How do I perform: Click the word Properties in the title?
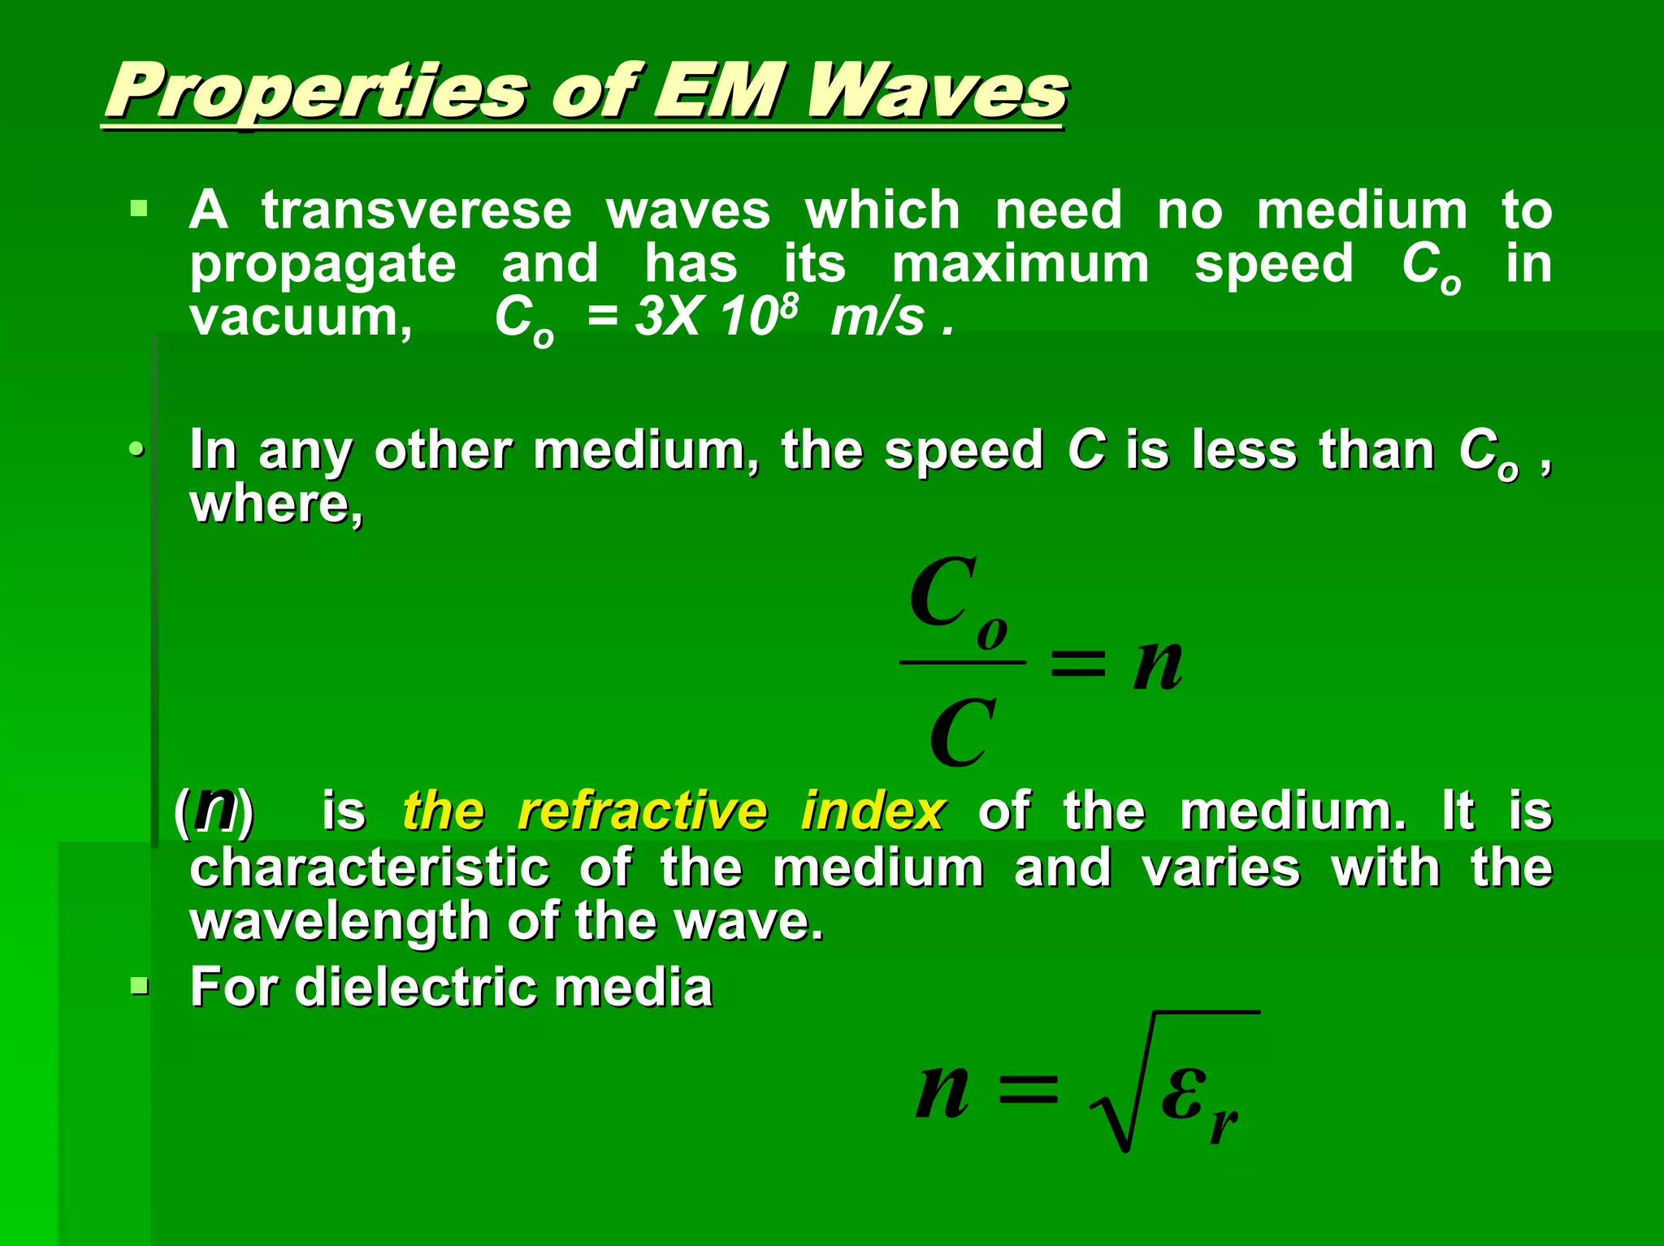pyautogui.click(x=317, y=91)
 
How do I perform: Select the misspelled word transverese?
pyautogui.click(x=417, y=210)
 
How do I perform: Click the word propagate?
pyautogui.click(x=323, y=266)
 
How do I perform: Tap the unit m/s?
pyautogui.click(x=877, y=317)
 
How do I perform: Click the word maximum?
pyautogui.click(x=1020, y=264)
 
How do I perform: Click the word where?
pyautogui.click(x=276, y=505)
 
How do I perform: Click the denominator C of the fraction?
pyautogui.click(x=962, y=733)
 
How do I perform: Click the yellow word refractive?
pyautogui.click(x=642, y=811)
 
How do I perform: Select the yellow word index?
pyautogui.click(x=873, y=811)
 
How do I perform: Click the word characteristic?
pyautogui.click(x=370, y=867)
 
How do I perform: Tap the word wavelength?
pyautogui.click(x=339, y=923)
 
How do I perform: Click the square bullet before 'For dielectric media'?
pyautogui.click(x=140, y=987)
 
